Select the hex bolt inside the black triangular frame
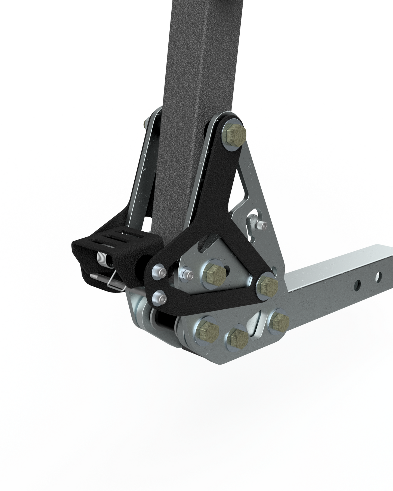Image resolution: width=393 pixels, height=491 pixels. (x=216, y=276)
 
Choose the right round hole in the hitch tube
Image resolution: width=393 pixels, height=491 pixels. (x=378, y=277)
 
